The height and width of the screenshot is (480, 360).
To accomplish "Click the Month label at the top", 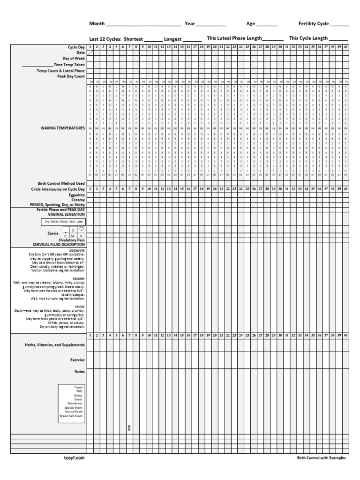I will point(97,23).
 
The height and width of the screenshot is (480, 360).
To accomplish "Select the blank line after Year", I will point(211,24).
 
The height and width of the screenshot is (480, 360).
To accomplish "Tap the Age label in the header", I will point(251,23).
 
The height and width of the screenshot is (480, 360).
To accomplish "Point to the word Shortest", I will point(133,39).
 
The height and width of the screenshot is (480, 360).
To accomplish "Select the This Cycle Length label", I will point(308,38).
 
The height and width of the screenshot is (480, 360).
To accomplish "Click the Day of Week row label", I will point(73,59).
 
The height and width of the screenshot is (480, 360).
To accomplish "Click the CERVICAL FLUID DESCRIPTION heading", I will point(59,244).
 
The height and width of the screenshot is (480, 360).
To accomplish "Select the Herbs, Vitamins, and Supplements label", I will point(55,345).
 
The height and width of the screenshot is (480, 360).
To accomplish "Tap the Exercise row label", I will point(77,360).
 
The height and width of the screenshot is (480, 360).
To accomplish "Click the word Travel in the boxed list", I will point(78,388).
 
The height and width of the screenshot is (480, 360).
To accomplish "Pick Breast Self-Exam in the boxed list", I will point(71,416).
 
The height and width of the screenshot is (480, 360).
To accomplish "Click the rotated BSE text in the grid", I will point(129,427).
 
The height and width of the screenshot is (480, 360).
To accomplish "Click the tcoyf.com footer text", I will point(74,458).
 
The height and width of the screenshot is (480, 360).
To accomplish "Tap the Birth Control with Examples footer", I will point(321,458).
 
